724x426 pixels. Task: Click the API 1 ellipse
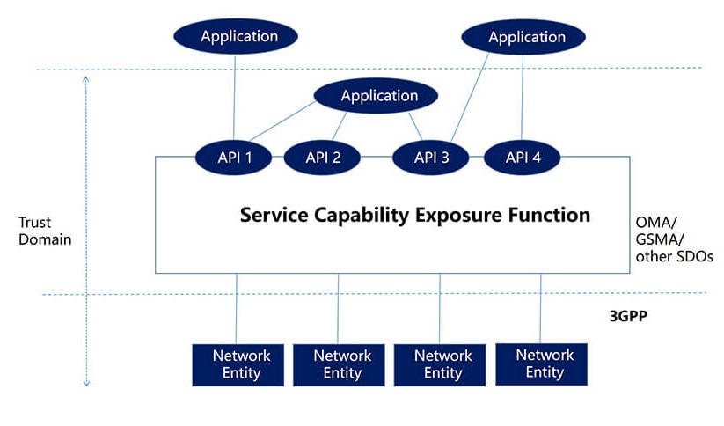click(x=235, y=158)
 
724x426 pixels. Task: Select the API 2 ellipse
click(x=323, y=158)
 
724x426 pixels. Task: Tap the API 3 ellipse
click(x=432, y=158)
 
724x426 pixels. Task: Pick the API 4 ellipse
click(x=523, y=158)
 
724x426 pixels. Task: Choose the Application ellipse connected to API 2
click(x=376, y=96)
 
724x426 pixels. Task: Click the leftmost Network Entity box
click(x=241, y=364)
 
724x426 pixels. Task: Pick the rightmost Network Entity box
click(x=544, y=364)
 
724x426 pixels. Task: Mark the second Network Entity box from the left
click(x=342, y=364)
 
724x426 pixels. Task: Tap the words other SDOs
click(x=674, y=256)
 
